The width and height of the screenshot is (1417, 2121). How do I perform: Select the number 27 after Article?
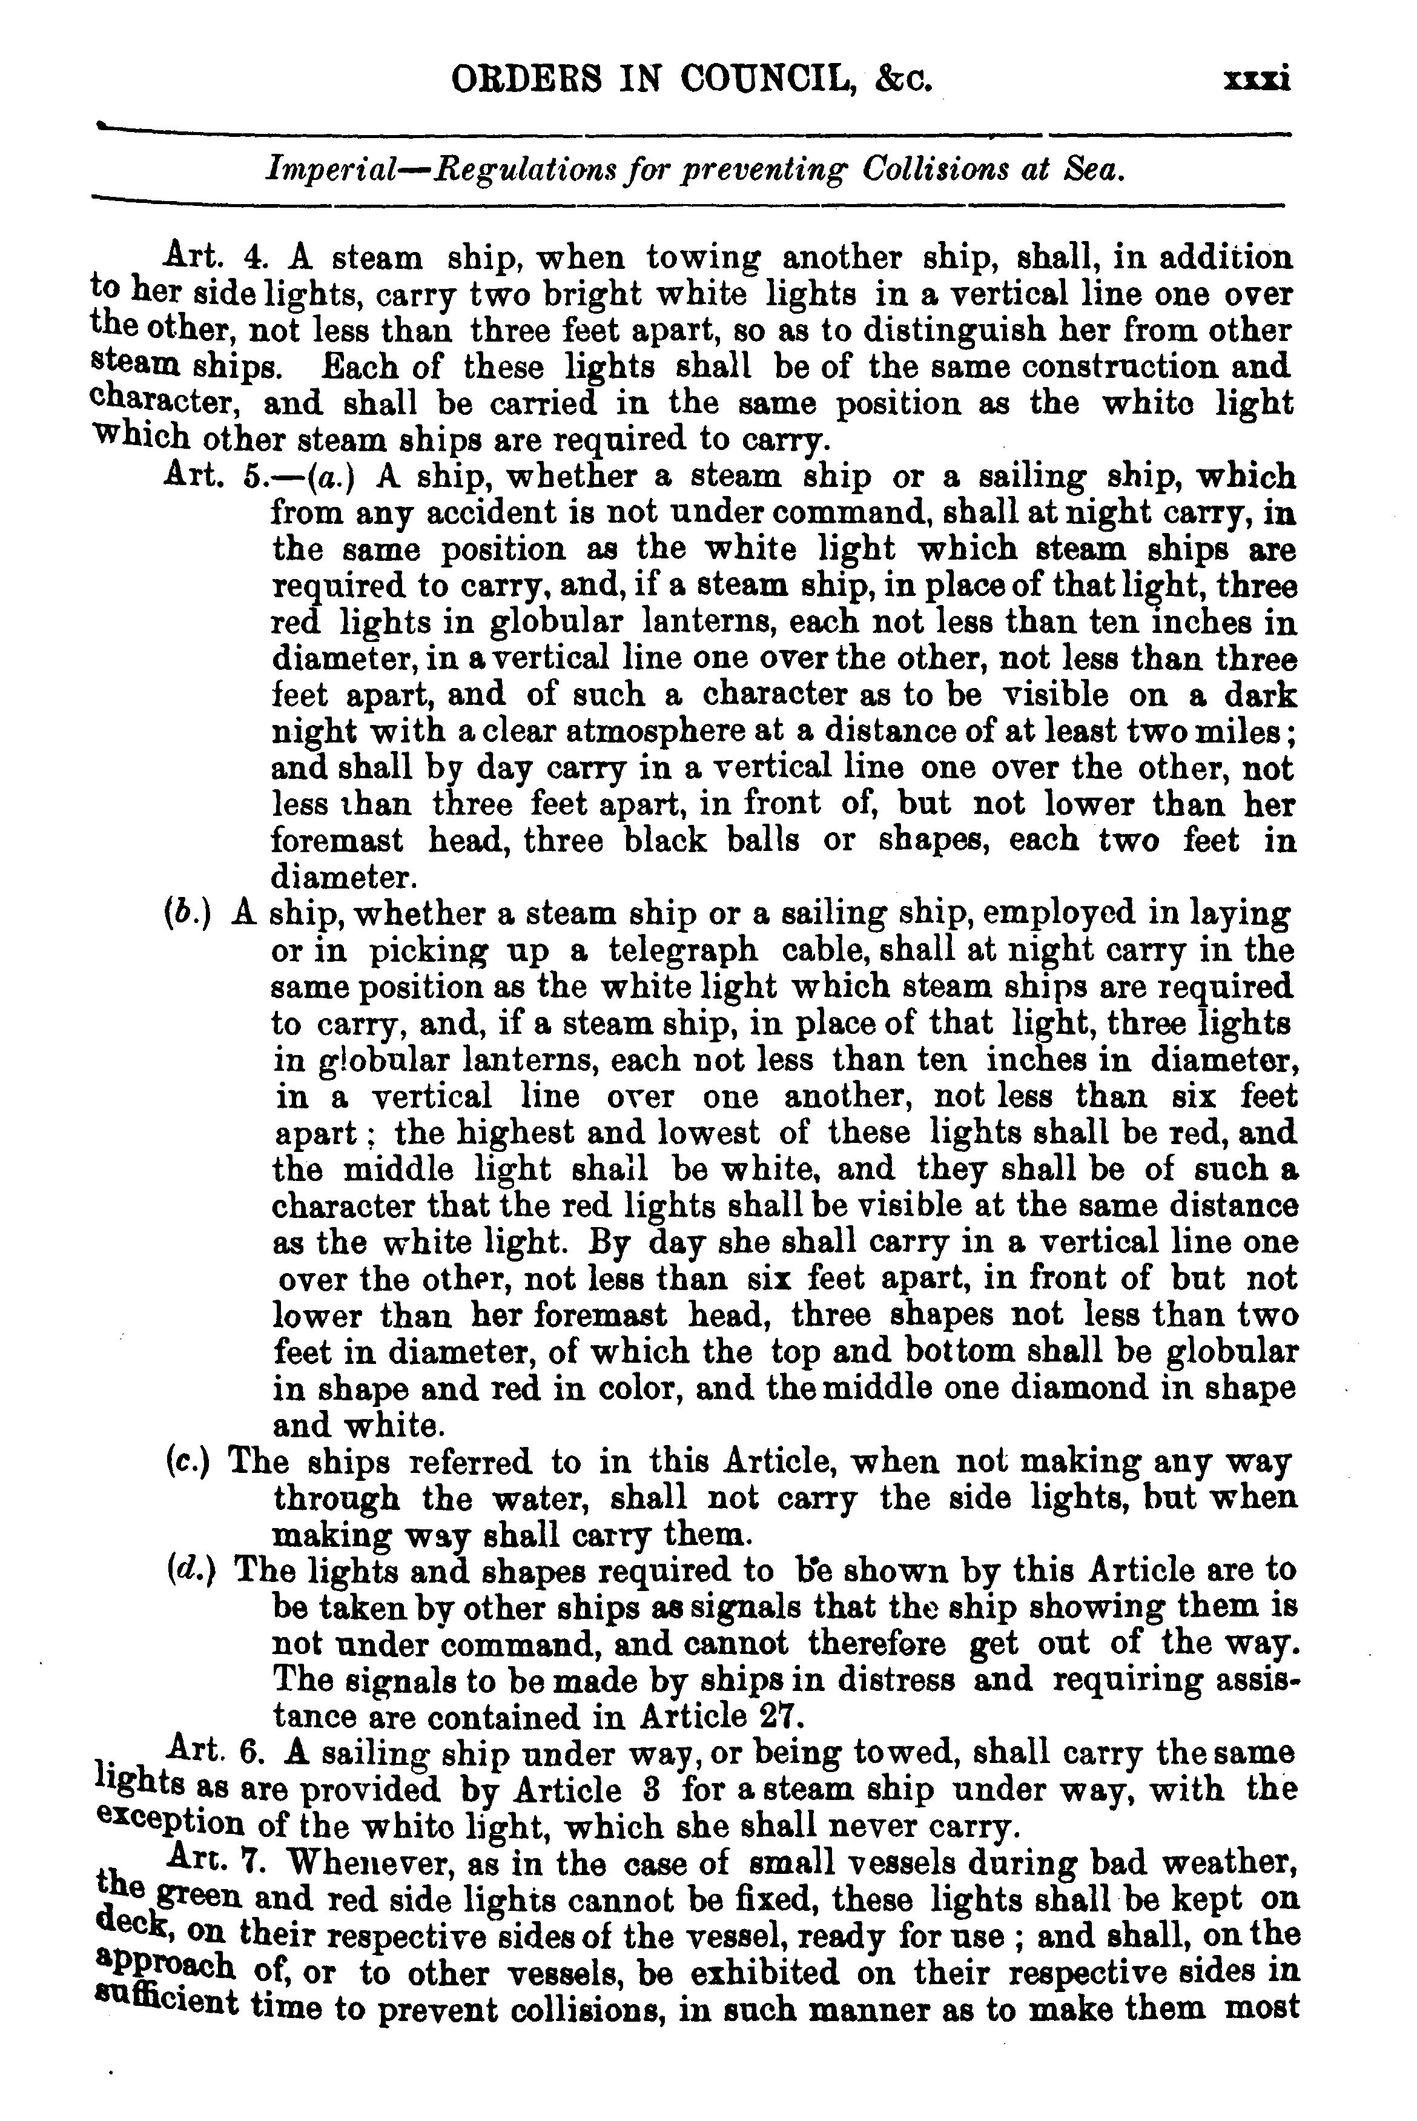pyautogui.click(x=782, y=1716)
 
